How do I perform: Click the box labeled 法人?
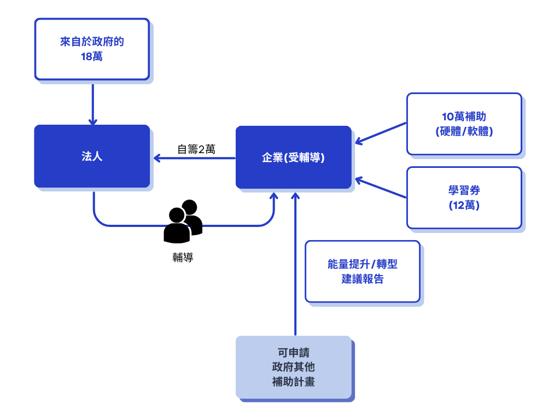pos(92,156)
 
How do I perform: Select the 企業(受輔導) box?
pos(293,157)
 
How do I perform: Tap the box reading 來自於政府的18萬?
pos(92,49)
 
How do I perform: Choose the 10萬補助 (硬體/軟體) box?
pos(464,124)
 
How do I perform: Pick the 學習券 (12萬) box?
pos(464,197)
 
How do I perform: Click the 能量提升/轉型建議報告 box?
pos(363,271)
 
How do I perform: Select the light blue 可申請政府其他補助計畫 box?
pos(293,366)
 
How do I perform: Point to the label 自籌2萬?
pos(196,149)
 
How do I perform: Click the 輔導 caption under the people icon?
pos(183,258)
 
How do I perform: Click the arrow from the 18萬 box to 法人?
pos(93,104)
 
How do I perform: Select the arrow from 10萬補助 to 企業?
pos(381,133)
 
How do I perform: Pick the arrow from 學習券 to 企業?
pos(381,188)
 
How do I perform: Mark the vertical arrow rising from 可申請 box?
pos(295,262)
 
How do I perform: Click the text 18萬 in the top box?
pos(92,56)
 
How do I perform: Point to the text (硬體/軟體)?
pos(464,131)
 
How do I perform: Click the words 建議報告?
pos(363,279)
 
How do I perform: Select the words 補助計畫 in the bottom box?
pos(293,382)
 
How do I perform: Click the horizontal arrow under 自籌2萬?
pos(194,159)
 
